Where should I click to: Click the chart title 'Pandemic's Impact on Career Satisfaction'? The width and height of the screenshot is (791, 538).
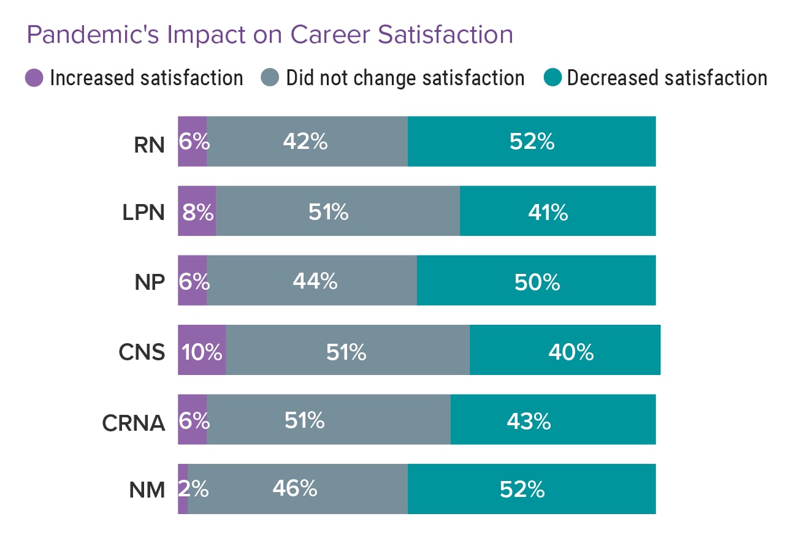click(270, 35)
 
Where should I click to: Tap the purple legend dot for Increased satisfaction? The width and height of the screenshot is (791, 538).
click(34, 78)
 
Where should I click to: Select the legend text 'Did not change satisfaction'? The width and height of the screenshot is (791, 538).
click(405, 78)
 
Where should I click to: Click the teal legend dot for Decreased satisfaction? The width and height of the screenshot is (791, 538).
click(553, 78)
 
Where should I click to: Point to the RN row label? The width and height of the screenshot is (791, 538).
click(150, 146)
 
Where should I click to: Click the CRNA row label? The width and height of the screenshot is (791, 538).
click(134, 423)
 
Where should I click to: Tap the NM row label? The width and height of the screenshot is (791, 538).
click(148, 490)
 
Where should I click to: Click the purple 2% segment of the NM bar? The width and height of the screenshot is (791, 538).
click(183, 489)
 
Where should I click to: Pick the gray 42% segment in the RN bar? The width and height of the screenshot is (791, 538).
click(307, 142)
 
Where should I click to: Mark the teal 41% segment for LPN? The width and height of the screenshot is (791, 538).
click(557, 211)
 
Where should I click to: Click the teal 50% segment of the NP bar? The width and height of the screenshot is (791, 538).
click(536, 281)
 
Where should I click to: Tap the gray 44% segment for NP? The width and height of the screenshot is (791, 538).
click(311, 281)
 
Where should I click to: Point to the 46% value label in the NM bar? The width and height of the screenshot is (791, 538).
click(295, 489)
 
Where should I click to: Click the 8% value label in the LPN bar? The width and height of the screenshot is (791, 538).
click(197, 213)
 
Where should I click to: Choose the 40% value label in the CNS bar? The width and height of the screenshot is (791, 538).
click(571, 352)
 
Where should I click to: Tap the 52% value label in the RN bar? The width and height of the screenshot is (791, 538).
click(532, 142)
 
